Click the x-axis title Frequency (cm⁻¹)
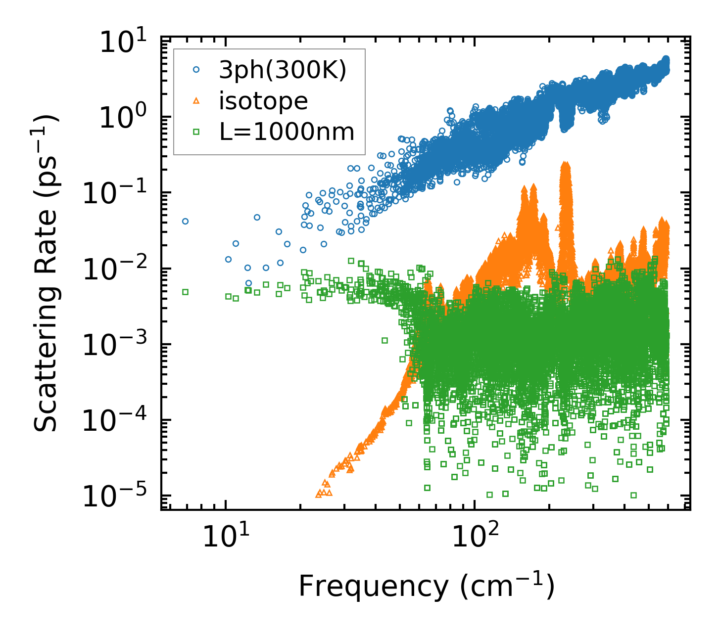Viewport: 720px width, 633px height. [426, 587]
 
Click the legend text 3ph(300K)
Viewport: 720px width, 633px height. [283, 71]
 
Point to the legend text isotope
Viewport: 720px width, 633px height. [263, 101]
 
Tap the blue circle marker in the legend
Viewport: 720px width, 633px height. [196, 70]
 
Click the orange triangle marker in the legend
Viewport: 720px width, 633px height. [196, 101]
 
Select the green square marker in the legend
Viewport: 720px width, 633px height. [196, 132]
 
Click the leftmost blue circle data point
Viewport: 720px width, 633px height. [185, 221]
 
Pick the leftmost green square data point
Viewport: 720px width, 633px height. [185, 292]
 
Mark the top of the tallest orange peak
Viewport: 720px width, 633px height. [565, 163]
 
